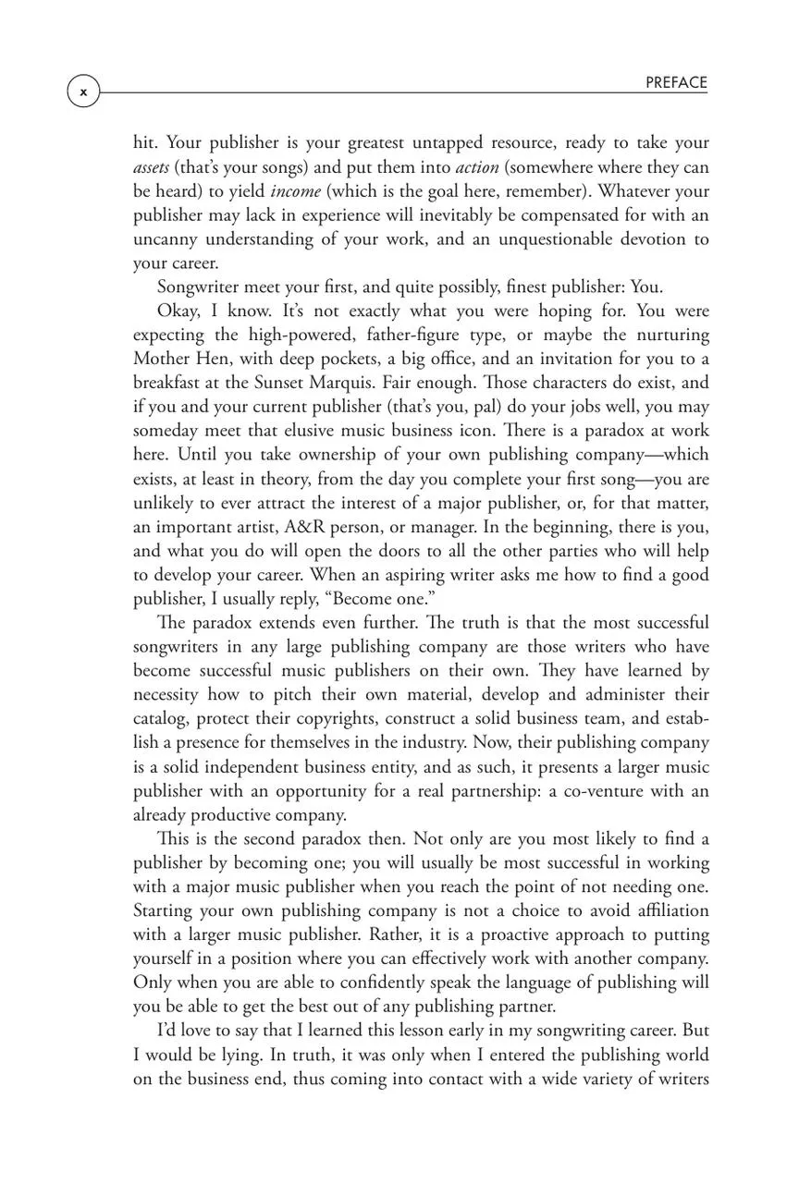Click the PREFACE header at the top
point(676,82)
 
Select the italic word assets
point(151,167)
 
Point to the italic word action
point(477,167)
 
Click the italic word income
point(295,191)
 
